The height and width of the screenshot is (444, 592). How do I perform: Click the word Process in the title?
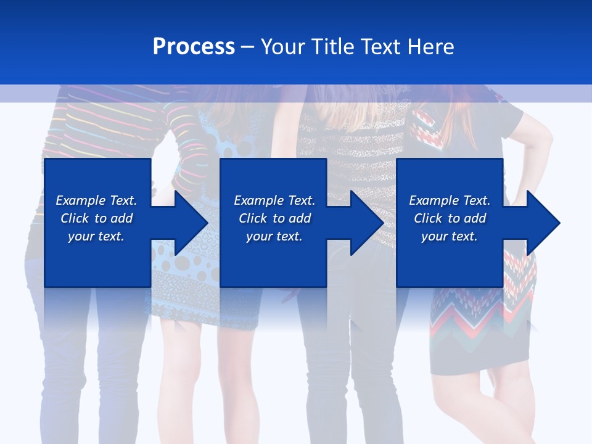click(194, 47)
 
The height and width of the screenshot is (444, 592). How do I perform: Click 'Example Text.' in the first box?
click(96, 200)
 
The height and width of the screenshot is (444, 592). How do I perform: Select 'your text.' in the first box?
click(96, 236)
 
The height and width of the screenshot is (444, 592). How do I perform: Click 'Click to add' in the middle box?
click(274, 218)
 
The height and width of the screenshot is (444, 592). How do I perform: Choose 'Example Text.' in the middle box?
click(274, 200)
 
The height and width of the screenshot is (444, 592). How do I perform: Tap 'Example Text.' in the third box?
click(450, 200)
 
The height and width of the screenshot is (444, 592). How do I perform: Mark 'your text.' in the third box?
click(450, 236)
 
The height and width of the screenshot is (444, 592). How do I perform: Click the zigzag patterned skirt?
click(481, 327)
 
